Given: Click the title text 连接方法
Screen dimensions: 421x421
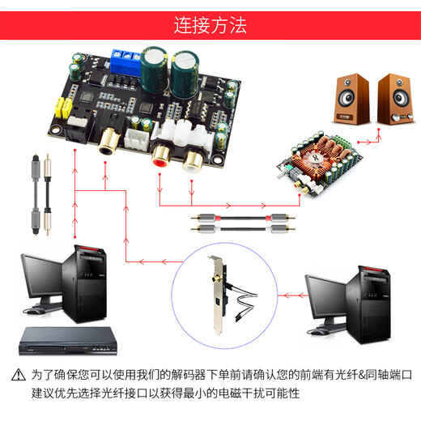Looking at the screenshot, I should (210, 24).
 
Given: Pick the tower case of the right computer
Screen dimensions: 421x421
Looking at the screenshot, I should (375, 300).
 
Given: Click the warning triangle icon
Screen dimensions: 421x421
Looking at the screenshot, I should (18, 376).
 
